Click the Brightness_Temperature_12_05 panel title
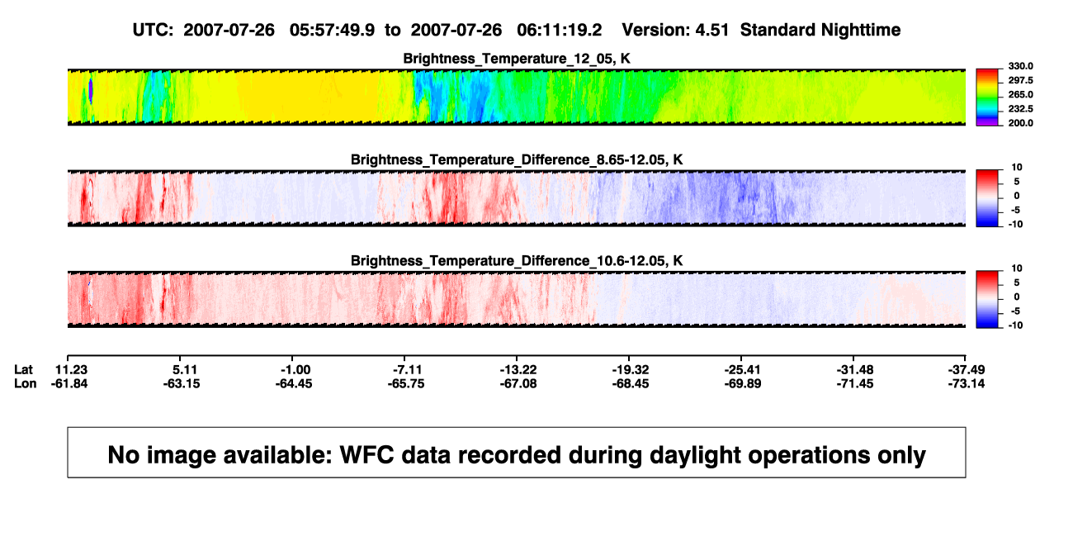pyautogui.click(x=517, y=59)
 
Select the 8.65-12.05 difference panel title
pyautogui.click(x=517, y=159)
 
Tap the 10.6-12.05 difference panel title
pyautogui.click(x=517, y=261)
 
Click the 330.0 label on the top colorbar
pyautogui.click(x=1020, y=66)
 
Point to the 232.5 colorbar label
pyautogui.click(x=1020, y=109)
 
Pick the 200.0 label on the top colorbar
pyautogui.click(x=1020, y=123)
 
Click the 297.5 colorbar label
pyautogui.click(x=1020, y=81)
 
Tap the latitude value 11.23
pyautogui.click(x=71, y=370)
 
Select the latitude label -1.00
pyautogui.click(x=295, y=370)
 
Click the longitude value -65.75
pyautogui.click(x=406, y=383)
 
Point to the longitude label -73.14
pyautogui.click(x=967, y=383)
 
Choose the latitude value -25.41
pyautogui.click(x=743, y=370)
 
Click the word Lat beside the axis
pyautogui.click(x=23, y=370)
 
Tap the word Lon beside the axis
pyautogui.click(x=26, y=383)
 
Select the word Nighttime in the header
pyautogui.click(x=860, y=31)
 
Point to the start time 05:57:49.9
pyautogui.click(x=332, y=31)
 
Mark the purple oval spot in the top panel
pyautogui.click(x=91, y=90)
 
